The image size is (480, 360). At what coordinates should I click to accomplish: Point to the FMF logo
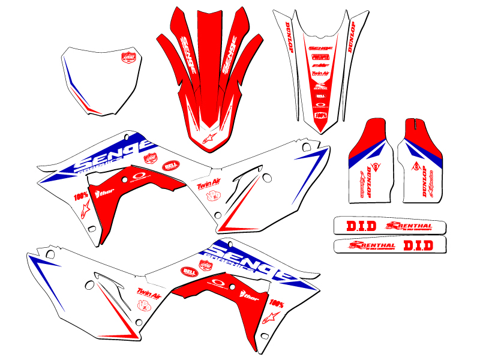pos(321,64)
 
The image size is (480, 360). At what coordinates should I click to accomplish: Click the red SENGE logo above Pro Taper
pos(321,48)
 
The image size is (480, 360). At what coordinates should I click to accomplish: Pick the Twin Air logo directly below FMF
pos(321,73)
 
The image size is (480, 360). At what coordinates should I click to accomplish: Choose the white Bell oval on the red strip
pos(321,95)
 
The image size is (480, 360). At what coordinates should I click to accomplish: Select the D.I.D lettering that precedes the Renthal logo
pos(361,226)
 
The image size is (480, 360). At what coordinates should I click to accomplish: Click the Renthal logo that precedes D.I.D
pos(372,245)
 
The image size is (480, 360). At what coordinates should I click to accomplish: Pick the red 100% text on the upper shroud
pos(80,196)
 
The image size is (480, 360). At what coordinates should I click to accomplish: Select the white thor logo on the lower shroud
pos(248,296)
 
